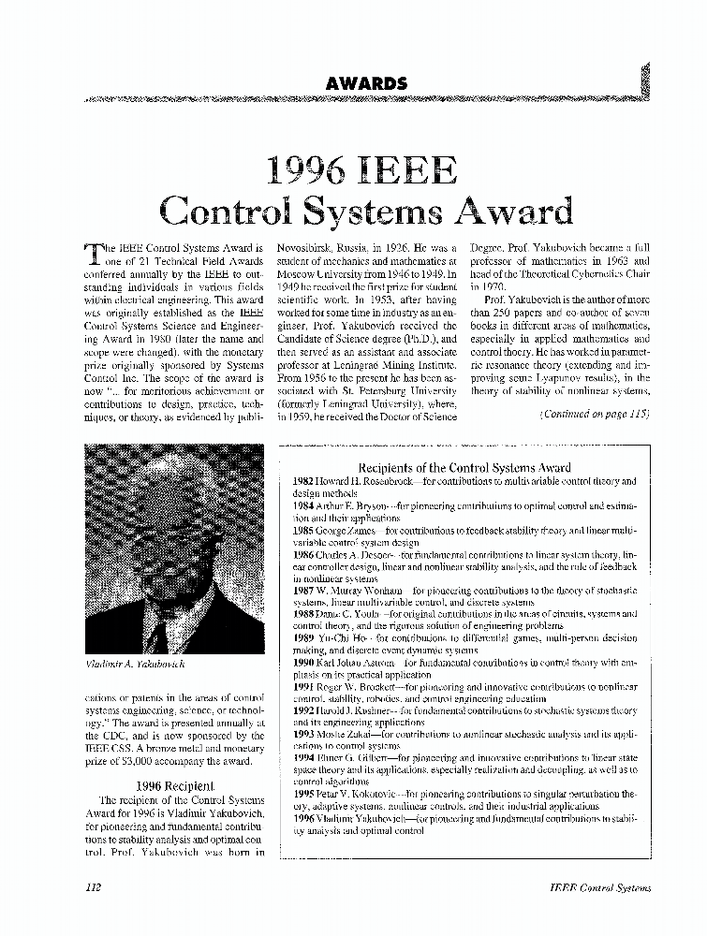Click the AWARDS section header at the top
(366, 83)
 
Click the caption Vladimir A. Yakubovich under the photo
(135, 664)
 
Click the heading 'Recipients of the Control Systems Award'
(464, 467)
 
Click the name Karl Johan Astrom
(356, 663)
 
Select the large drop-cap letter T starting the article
(91, 252)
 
